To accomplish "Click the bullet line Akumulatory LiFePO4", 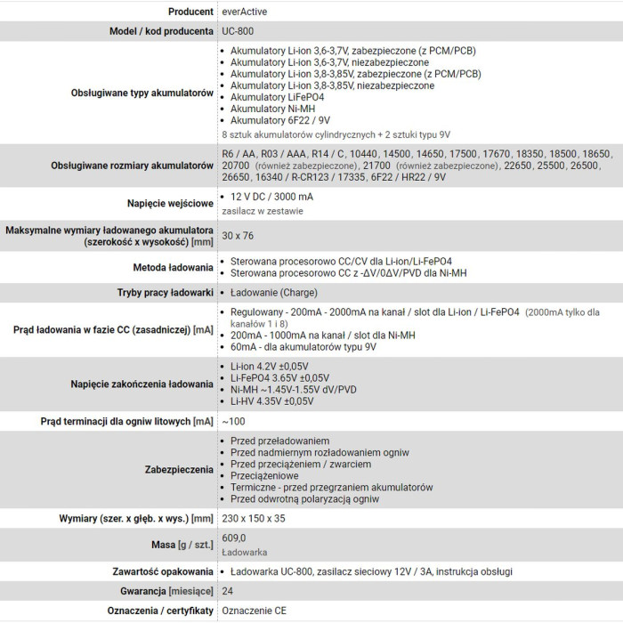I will click(x=277, y=97).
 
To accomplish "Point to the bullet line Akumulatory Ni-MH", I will click(x=272, y=109).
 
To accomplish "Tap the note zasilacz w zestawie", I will click(x=263, y=211).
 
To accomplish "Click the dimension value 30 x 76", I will click(x=238, y=236).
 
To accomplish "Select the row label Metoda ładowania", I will click(x=173, y=266).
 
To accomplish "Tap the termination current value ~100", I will click(x=234, y=421).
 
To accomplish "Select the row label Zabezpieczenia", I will click(x=179, y=469).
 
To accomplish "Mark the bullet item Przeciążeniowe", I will click(x=265, y=476).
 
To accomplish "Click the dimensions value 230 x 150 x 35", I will click(x=254, y=518).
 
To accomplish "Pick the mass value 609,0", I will click(x=233, y=538).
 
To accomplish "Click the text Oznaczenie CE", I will click(x=255, y=611).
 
